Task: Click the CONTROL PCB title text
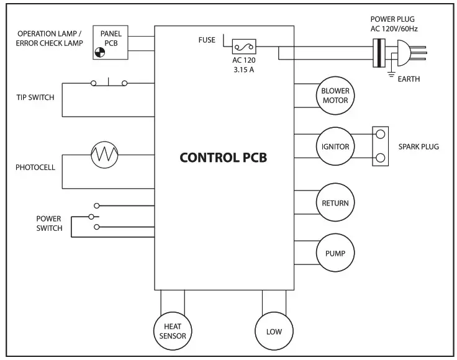[x=223, y=157]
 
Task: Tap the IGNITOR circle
[x=335, y=147]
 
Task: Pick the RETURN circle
[x=335, y=203]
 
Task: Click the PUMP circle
[x=335, y=253]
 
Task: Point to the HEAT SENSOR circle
[x=173, y=331]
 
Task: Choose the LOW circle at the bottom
[x=274, y=331]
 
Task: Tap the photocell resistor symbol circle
[x=104, y=155]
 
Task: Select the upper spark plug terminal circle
[x=381, y=134]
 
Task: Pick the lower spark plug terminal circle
[x=381, y=158]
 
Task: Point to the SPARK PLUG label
[x=419, y=147]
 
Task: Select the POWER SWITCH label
[x=49, y=223]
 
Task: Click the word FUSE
[x=206, y=40]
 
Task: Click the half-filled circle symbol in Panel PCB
[x=100, y=53]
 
